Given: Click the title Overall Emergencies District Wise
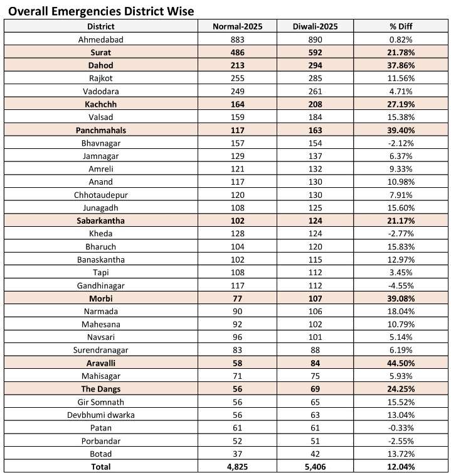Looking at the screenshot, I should coord(101,11).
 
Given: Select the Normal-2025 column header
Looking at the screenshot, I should coord(237,26).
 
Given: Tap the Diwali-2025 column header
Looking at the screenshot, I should coord(315,26).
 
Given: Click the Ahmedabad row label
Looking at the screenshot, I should coord(100,39).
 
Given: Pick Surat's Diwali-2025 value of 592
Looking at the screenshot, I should coord(315,52).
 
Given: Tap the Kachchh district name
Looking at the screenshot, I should coord(100,104).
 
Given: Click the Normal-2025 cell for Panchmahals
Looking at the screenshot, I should coord(237,130).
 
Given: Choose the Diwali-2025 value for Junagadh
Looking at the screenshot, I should coord(315,208).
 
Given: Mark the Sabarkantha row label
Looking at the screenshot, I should coord(100,221).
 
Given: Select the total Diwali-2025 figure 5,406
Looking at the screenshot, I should coord(315,467).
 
